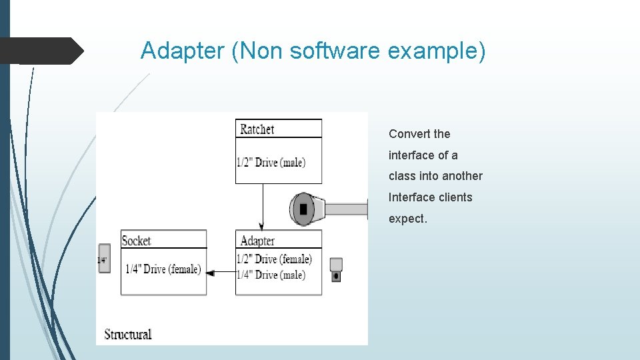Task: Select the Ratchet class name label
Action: [257, 129]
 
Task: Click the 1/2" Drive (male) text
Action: [271, 162]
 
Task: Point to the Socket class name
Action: [136, 240]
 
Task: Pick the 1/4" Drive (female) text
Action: [163, 269]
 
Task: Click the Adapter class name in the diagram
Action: [257, 241]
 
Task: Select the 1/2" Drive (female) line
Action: [274, 259]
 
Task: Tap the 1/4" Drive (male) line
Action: [271, 275]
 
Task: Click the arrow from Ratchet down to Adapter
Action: [262, 207]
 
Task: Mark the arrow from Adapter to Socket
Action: [221, 272]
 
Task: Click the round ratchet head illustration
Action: [303, 209]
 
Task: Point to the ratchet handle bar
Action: [345, 209]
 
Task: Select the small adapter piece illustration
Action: [336, 269]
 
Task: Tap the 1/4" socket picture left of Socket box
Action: [103, 259]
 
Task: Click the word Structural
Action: [128, 334]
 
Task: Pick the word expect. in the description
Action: [408, 219]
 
